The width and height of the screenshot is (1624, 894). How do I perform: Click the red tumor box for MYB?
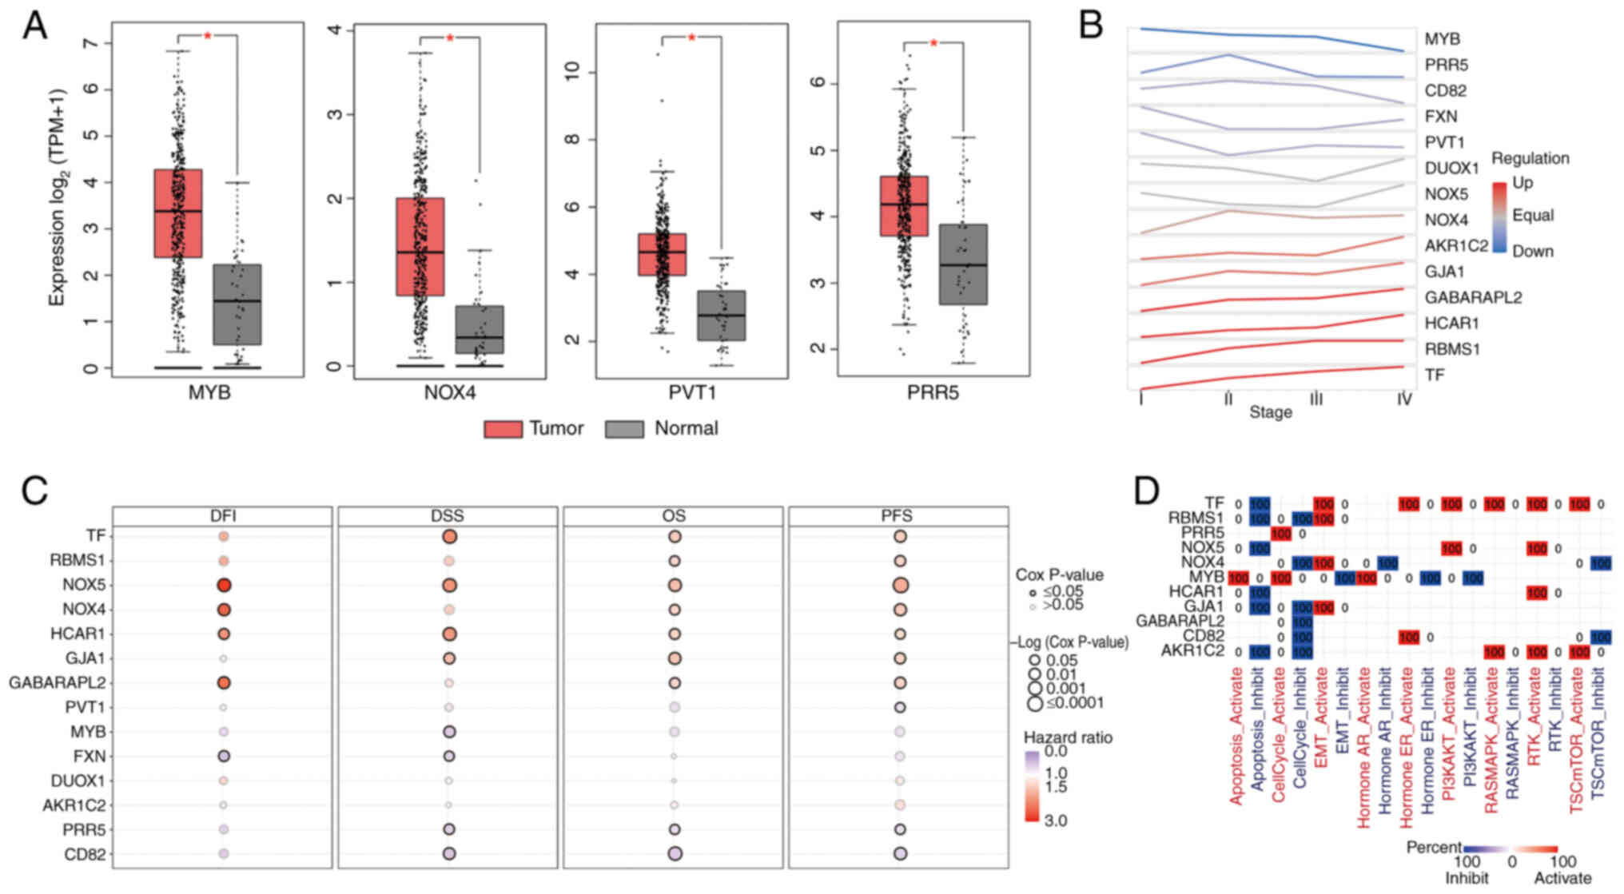[x=177, y=213]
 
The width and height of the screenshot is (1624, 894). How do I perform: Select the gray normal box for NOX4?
[x=480, y=329]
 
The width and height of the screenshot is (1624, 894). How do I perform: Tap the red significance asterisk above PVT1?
[x=691, y=38]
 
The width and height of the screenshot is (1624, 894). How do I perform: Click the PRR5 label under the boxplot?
[x=933, y=393]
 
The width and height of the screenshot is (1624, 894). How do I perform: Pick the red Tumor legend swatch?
[x=503, y=429]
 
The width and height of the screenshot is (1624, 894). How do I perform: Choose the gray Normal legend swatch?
[x=624, y=429]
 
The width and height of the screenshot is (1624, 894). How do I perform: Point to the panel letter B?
[x=1091, y=26]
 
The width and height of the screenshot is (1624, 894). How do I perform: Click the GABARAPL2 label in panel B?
[x=1472, y=298]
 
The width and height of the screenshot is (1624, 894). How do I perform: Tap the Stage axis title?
[x=1270, y=412]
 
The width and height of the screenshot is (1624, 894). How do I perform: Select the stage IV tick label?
[x=1403, y=399]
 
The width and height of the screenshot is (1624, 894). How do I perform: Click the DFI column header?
[x=222, y=517]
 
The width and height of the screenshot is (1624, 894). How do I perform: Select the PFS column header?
[x=898, y=517]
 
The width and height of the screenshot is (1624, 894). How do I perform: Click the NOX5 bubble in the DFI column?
[x=224, y=586]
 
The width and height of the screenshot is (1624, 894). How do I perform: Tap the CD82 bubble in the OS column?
[x=674, y=854]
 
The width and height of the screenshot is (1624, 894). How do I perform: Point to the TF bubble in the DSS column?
[x=448, y=537]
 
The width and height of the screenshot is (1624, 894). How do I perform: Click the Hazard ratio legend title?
[x=1068, y=737]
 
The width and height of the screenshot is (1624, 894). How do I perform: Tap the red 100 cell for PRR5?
[x=1280, y=534]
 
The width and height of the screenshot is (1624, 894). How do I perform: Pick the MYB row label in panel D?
[x=1206, y=577]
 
